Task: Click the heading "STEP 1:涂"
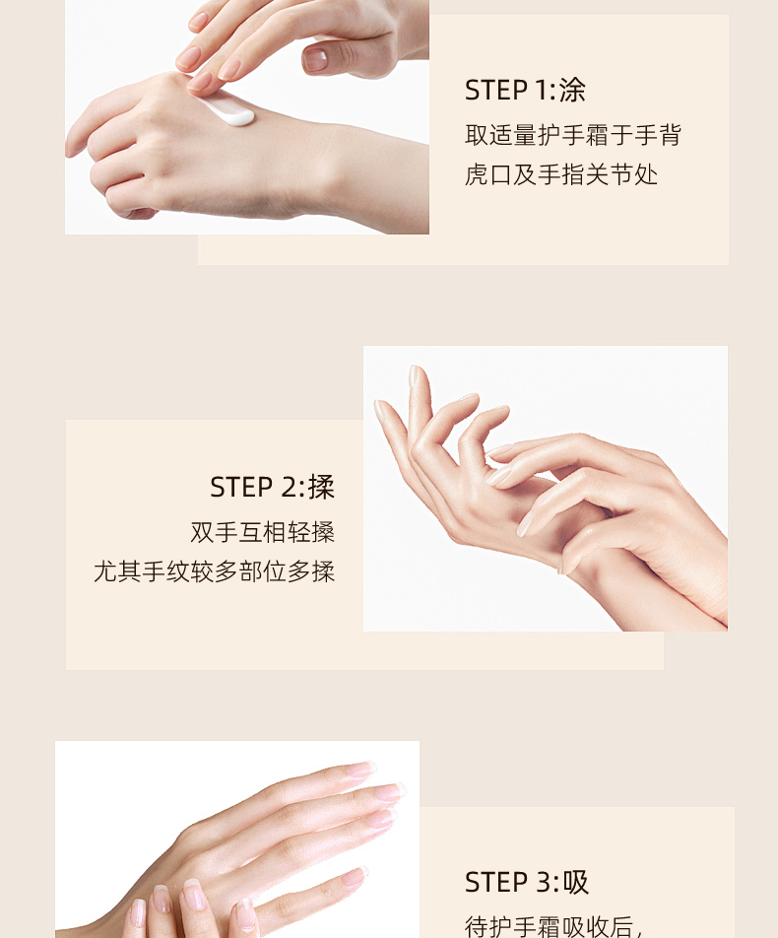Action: point(525,91)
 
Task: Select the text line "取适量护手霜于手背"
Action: point(573,135)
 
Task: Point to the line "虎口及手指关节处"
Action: point(561,174)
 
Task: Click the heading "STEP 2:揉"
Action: point(272,487)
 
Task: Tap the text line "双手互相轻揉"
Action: point(263,532)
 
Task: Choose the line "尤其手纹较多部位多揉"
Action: point(214,571)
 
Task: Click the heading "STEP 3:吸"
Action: point(526,883)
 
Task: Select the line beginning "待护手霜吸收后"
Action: point(553,926)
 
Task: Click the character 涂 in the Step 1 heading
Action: point(572,91)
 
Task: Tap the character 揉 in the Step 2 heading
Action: point(321,487)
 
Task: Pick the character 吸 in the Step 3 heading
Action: point(575,883)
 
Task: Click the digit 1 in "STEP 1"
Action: point(541,91)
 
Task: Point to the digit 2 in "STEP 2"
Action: point(289,487)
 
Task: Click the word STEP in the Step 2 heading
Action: point(241,487)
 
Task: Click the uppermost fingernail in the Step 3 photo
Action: point(358,770)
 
